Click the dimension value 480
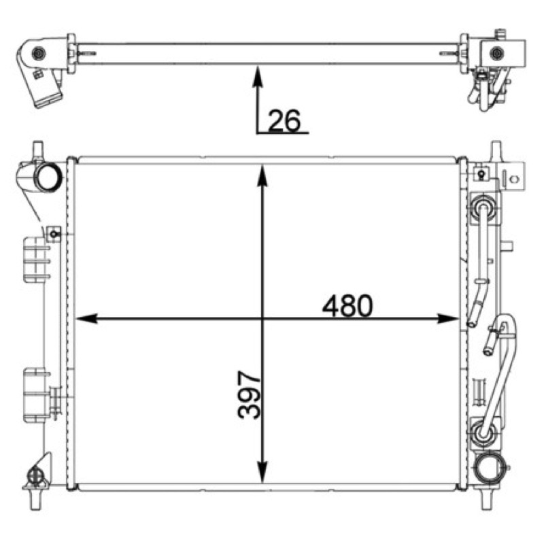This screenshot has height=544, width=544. pyautogui.click(x=347, y=305)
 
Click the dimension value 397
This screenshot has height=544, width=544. pyautogui.click(x=249, y=394)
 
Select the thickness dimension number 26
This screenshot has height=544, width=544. pyautogui.click(x=284, y=120)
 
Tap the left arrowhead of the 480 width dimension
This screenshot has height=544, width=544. pyautogui.click(x=86, y=318)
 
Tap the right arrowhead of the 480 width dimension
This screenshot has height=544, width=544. pyautogui.click(x=448, y=318)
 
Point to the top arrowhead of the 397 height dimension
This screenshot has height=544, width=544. pyautogui.click(x=262, y=175)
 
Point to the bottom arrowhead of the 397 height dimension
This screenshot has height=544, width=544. pyautogui.click(x=262, y=472)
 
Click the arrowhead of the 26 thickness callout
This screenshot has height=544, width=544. pyautogui.click(x=258, y=76)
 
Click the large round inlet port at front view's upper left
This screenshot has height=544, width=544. pyautogui.click(x=48, y=177)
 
